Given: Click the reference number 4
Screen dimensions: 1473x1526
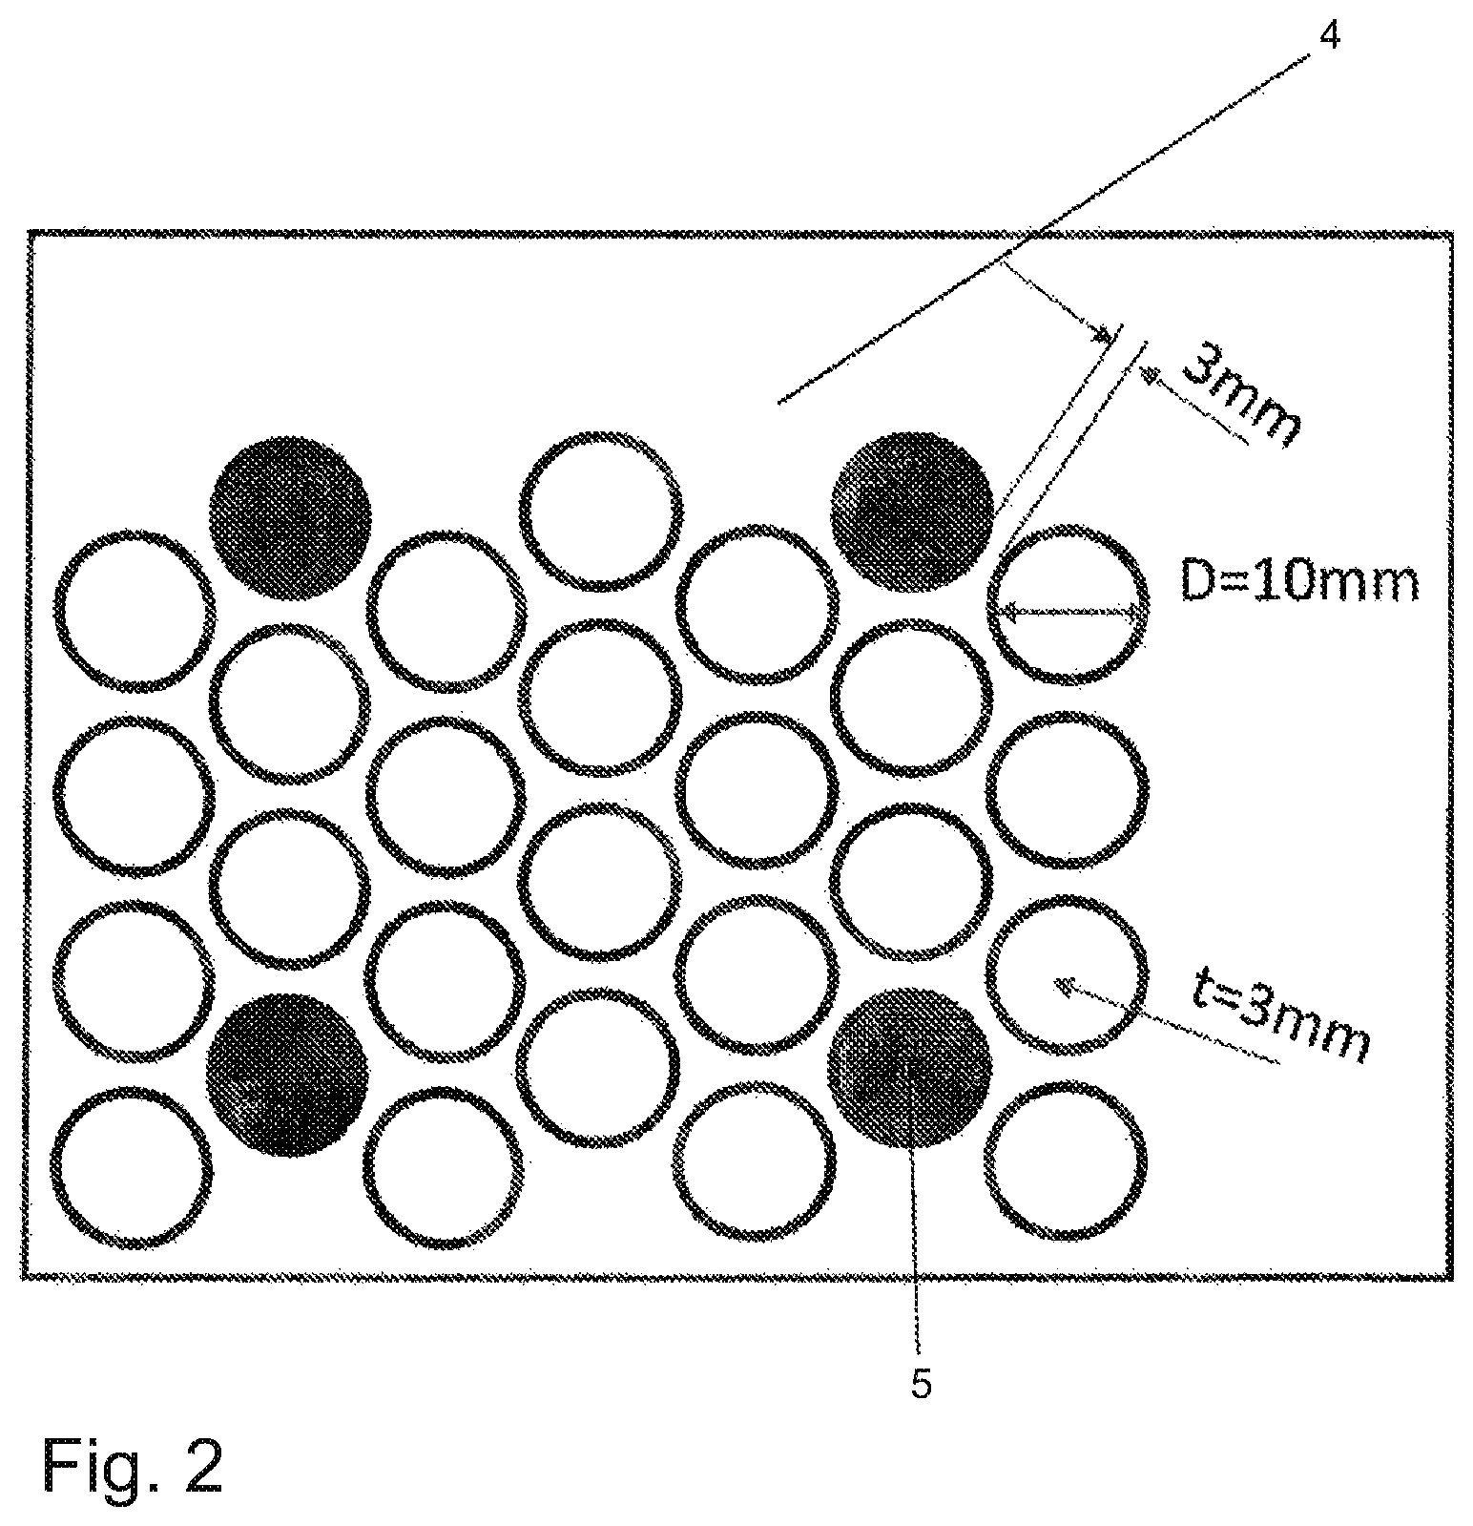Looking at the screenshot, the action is [x=1330, y=36].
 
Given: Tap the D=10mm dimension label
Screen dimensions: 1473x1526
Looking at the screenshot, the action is [x=1299, y=581].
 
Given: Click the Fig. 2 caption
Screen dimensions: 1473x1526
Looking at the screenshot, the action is [x=133, y=1465].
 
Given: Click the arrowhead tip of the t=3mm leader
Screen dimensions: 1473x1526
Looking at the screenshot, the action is [x=1053, y=982].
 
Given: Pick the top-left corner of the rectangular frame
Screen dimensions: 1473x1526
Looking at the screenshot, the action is [x=30, y=232].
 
